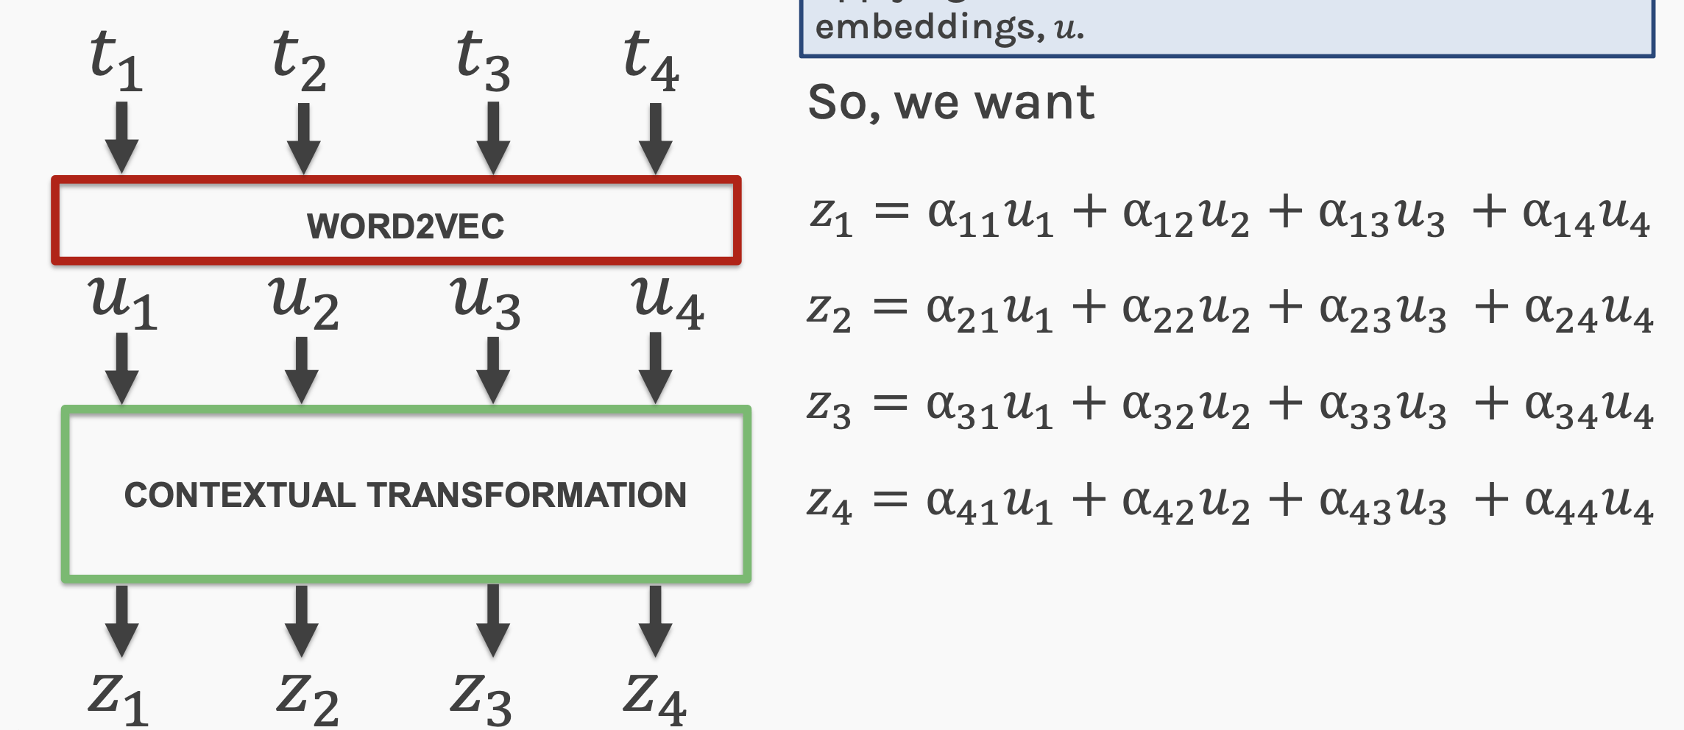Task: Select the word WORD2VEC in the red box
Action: coord(405,226)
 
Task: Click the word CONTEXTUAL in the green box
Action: coord(240,495)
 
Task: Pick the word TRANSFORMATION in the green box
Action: coord(527,495)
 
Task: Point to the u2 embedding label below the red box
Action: coord(303,302)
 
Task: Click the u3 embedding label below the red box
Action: coord(485,302)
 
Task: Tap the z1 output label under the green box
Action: coord(118,697)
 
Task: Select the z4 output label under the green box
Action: coord(654,697)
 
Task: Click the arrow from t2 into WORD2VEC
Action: coord(303,138)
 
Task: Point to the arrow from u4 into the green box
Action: coord(655,367)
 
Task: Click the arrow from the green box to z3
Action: coord(492,620)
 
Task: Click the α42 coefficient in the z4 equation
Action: coord(1158,504)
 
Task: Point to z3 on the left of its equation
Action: coord(829,409)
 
